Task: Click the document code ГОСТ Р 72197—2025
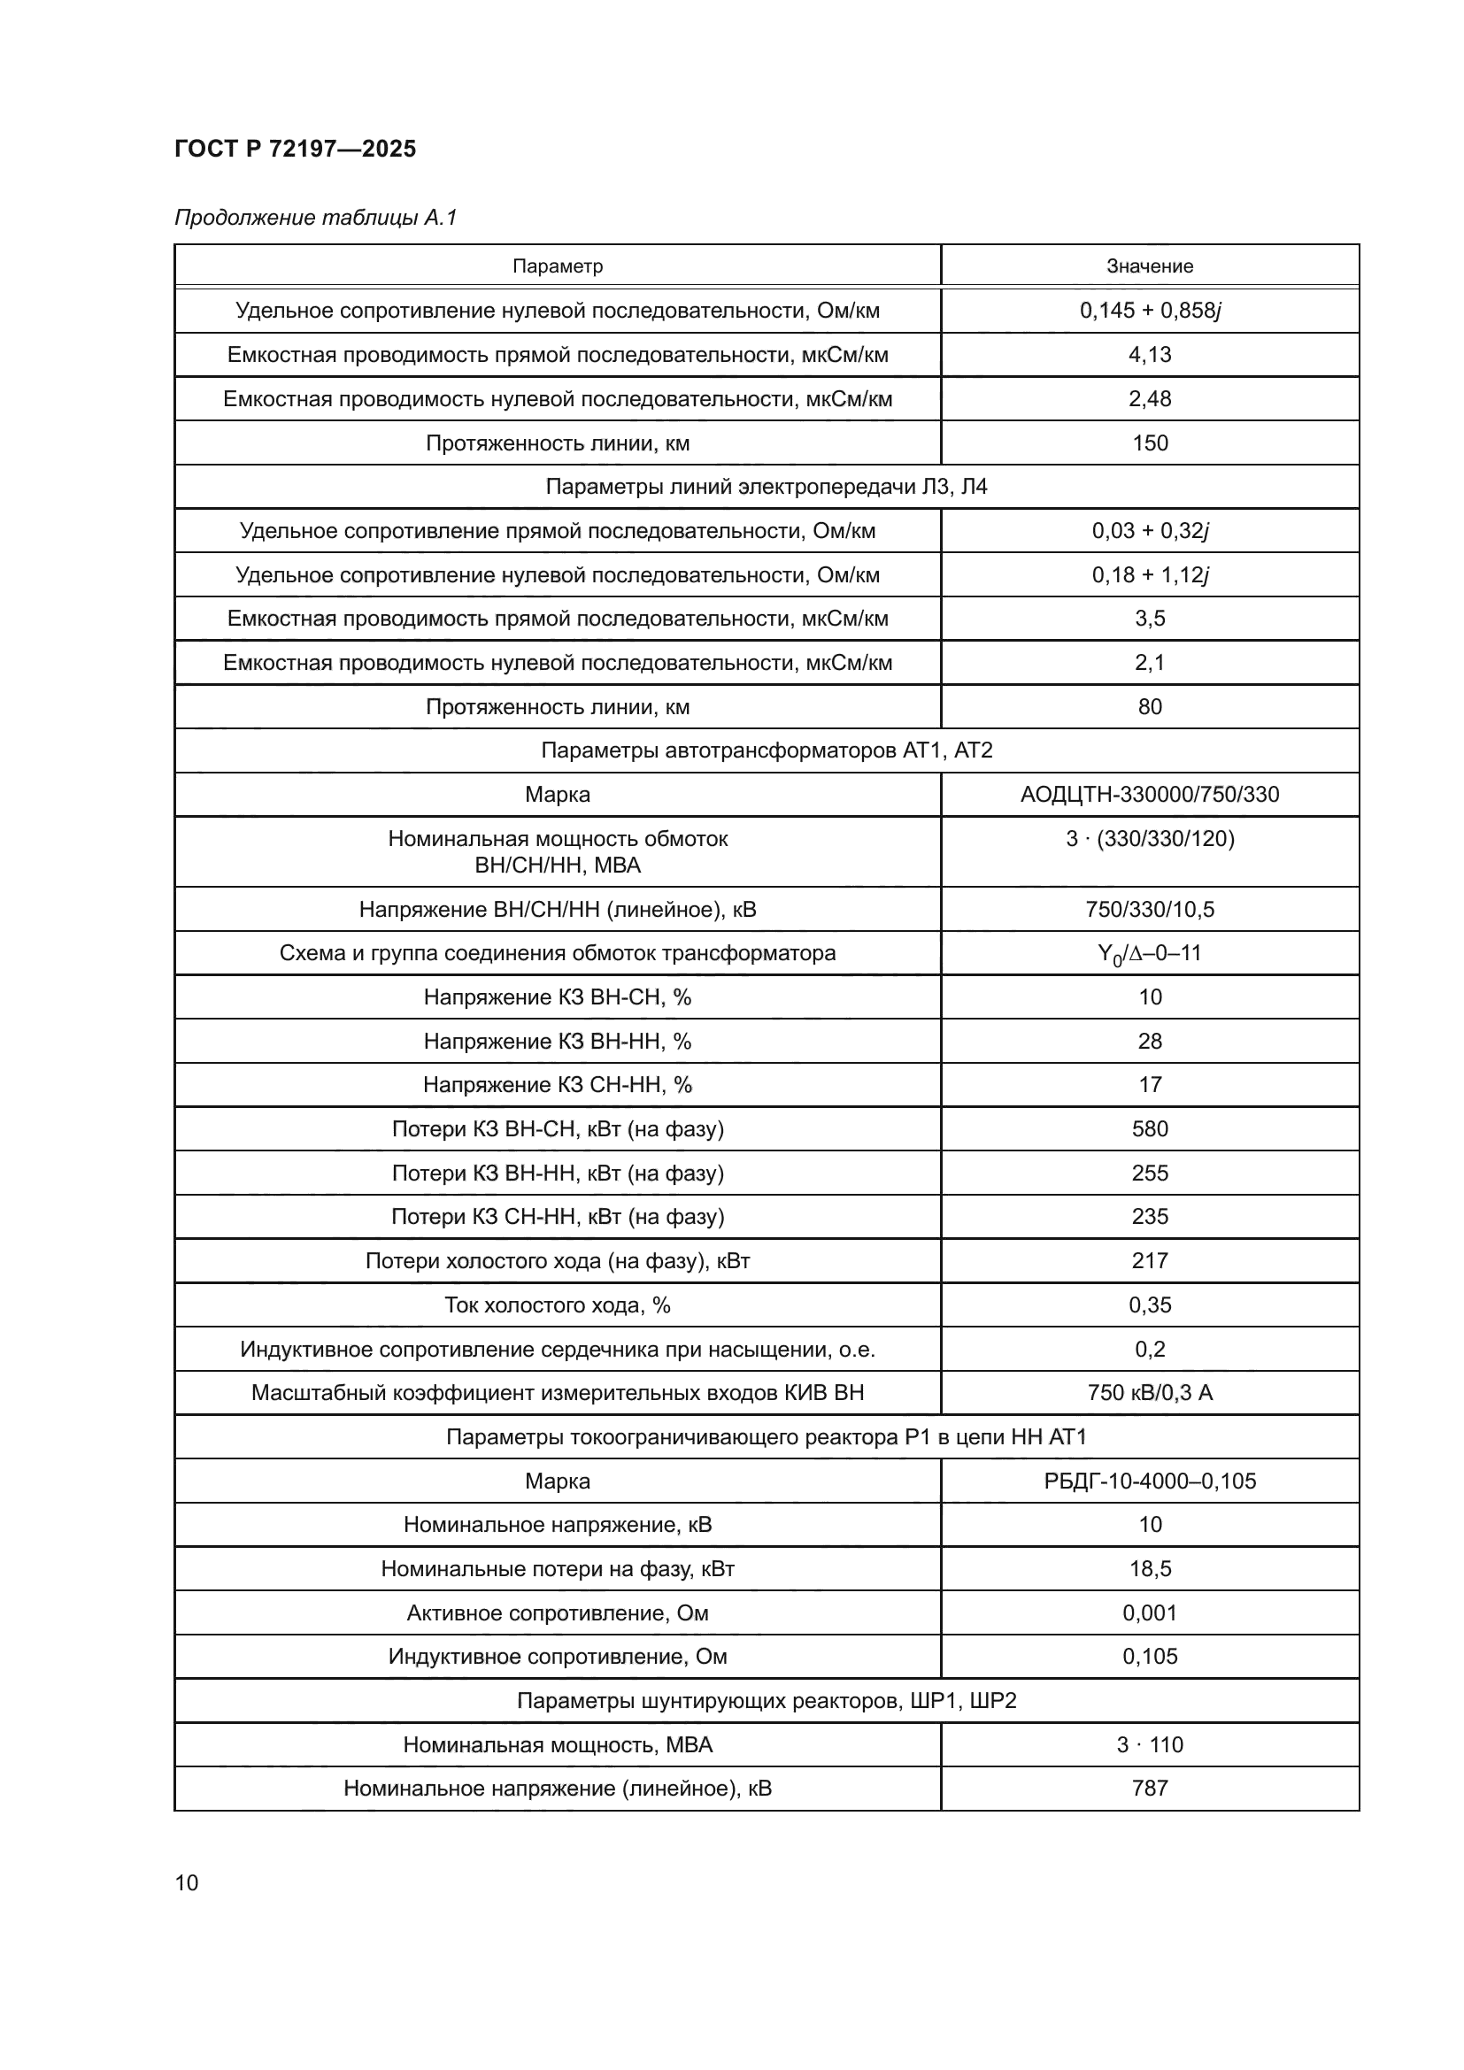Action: click(295, 149)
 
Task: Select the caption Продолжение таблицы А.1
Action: click(315, 218)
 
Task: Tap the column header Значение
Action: click(1150, 266)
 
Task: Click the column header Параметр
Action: click(557, 266)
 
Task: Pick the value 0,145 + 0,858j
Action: click(1150, 310)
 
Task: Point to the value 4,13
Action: click(1150, 354)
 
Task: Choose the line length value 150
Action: click(1150, 442)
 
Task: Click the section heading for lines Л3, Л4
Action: click(767, 487)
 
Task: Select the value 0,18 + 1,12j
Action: click(1150, 574)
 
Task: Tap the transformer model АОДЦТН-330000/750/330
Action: click(1150, 794)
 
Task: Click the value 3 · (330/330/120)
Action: click(1150, 838)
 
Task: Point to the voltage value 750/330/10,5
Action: click(1150, 909)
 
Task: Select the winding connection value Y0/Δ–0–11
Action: click(1150, 953)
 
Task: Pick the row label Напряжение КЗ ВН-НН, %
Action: click(557, 1042)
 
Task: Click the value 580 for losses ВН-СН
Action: click(1150, 1128)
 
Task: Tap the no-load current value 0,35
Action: click(1150, 1304)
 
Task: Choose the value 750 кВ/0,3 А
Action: click(1150, 1393)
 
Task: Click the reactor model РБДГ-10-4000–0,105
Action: click(1150, 1481)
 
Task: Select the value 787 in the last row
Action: click(1150, 1788)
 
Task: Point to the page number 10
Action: click(187, 1883)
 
